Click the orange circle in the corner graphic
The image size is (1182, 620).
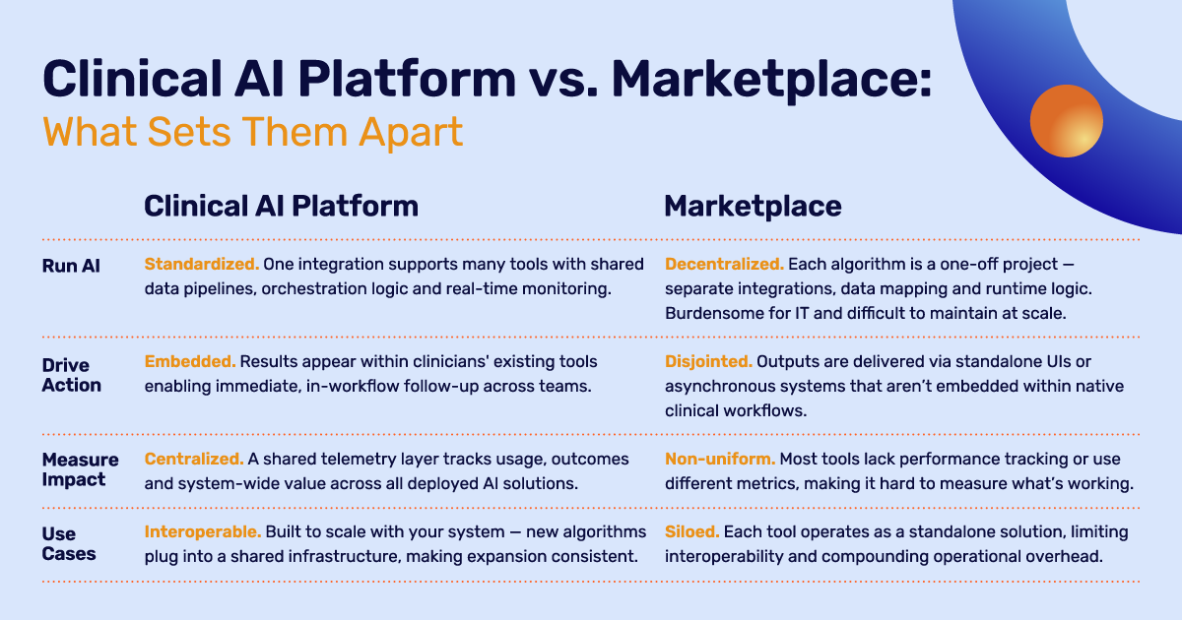coord(1067,121)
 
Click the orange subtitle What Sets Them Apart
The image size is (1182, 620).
coord(253,132)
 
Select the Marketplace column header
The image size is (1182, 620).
coord(753,206)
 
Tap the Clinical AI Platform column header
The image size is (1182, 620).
coord(282,206)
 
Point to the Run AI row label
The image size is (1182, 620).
coord(71,266)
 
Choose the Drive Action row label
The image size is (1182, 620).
coord(72,375)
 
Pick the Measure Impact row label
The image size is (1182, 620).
coord(80,469)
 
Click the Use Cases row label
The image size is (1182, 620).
coord(69,543)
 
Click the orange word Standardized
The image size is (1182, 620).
coord(202,264)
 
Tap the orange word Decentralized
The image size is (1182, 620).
coord(724,264)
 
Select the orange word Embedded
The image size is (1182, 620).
coord(190,362)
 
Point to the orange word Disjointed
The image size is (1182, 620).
coord(708,362)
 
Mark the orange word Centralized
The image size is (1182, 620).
coord(194,460)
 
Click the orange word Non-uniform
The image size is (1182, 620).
coord(720,460)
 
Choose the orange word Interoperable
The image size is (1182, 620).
coord(203,532)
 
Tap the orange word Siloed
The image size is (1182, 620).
coord(691,532)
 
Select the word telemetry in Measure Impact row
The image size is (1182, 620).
coord(358,460)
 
